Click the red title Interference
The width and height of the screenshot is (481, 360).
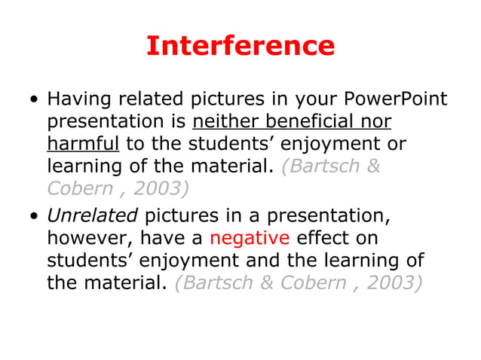240,46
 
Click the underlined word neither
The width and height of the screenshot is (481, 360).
224,121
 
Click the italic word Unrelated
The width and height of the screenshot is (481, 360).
92,216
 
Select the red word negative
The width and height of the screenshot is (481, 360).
250,238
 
